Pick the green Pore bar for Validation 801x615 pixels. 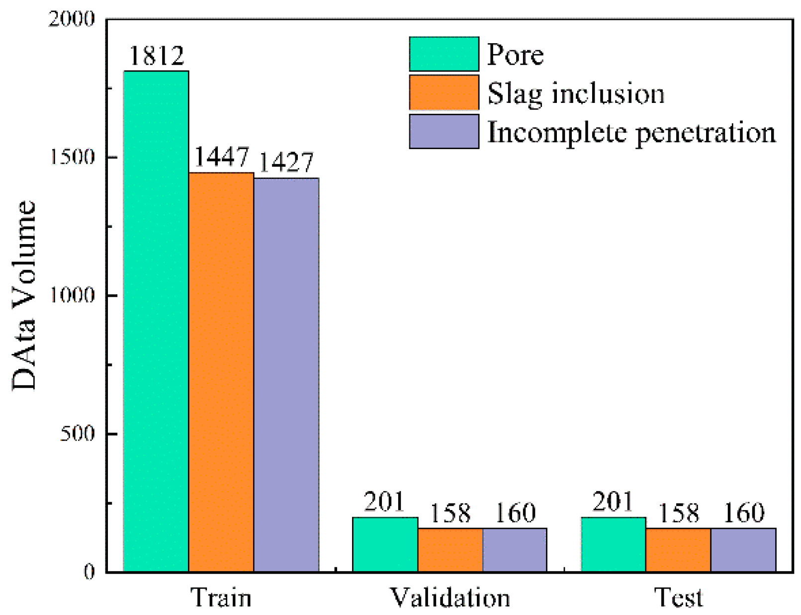tap(385, 544)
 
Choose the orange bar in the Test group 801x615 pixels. tap(678, 550)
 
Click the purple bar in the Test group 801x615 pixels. tap(743, 550)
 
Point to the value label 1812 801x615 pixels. tap(156, 55)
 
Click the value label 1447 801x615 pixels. tap(221, 157)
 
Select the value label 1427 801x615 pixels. tap(286, 163)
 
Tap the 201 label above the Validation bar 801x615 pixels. tap(384, 502)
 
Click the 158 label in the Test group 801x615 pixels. tap(678, 513)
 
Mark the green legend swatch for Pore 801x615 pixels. tap(444, 54)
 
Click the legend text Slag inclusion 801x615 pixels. tap(575, 93)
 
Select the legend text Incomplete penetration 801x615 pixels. tap(631, 132)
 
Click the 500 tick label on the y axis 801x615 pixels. tap(77, 434)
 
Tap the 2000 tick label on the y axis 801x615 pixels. tap(71, 19)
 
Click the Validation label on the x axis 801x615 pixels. tap(449, 597)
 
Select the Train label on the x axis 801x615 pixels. tap(221, 597)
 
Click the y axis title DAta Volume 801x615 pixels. tap(23, 295)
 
